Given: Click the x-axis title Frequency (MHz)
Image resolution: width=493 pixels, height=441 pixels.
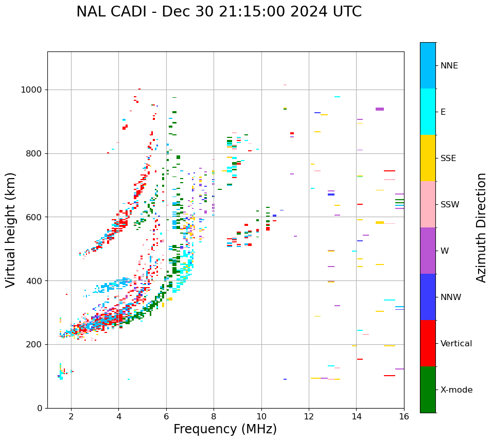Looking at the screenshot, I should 225,429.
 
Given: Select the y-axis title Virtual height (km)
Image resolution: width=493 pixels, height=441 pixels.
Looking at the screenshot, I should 11,230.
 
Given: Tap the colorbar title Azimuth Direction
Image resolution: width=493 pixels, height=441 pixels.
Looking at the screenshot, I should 481,227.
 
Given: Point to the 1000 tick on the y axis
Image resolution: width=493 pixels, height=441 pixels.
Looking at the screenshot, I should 33,90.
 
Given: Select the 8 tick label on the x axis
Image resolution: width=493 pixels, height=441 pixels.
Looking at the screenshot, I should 214,416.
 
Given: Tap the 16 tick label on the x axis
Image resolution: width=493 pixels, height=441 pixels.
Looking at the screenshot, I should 403,416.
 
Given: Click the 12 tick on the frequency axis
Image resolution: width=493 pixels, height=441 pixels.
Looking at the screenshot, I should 309,416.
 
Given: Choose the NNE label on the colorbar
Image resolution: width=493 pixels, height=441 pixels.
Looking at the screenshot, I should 449,66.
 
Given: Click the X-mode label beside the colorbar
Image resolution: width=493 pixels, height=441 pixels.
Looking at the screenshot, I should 456,390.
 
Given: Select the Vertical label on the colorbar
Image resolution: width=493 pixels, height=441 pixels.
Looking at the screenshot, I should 456,344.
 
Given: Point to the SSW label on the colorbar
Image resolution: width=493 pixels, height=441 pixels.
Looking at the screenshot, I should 450,205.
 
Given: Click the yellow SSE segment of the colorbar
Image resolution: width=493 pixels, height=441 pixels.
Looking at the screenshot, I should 428,158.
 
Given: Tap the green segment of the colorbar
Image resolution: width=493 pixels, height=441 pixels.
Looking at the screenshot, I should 428,390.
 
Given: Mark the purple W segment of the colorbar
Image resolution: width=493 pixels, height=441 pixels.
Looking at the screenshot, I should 428,251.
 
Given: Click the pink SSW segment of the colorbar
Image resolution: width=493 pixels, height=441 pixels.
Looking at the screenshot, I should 428,204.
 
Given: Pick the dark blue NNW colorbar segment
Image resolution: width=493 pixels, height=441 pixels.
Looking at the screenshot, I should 428,297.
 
